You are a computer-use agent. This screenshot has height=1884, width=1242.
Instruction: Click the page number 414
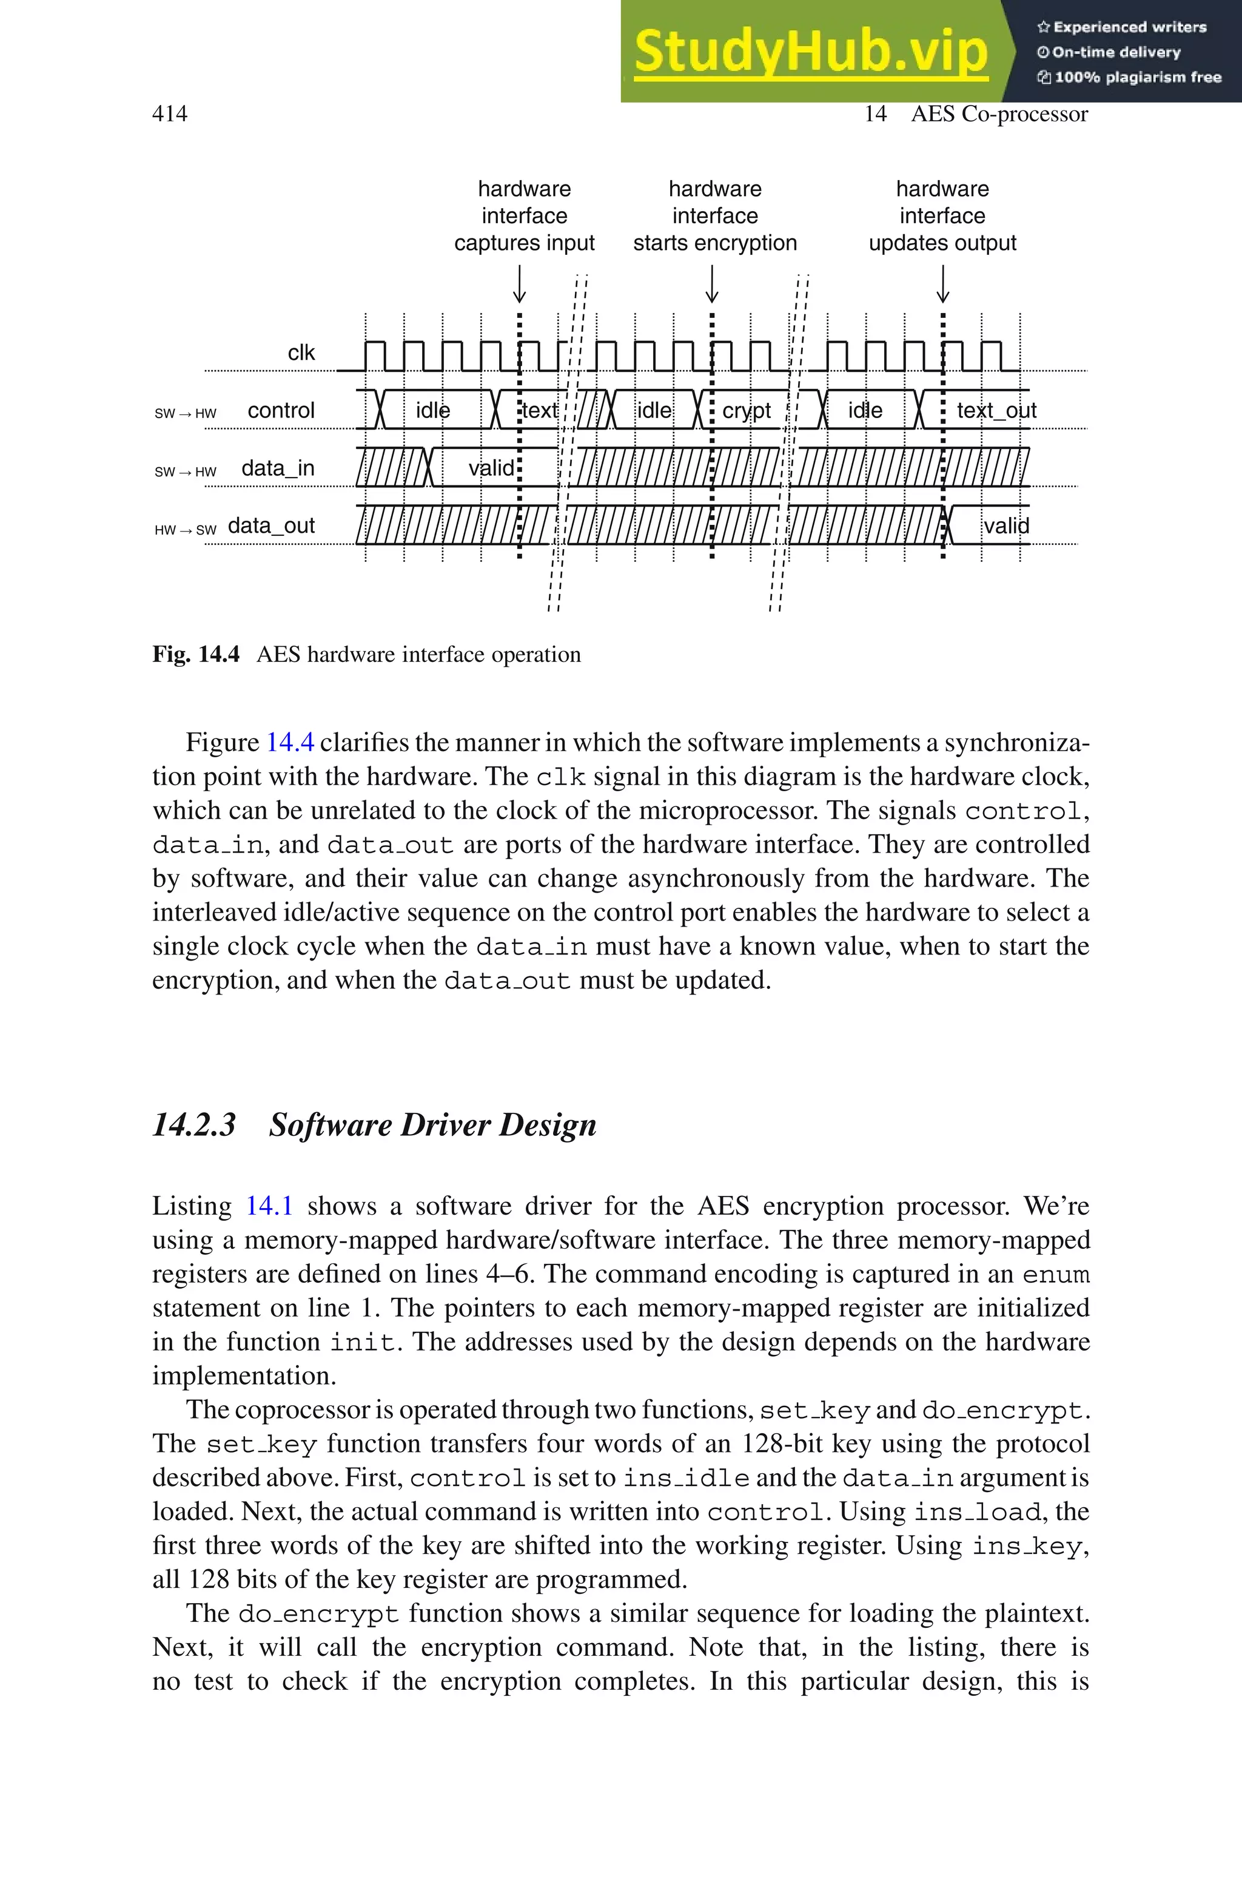tap(170, 114)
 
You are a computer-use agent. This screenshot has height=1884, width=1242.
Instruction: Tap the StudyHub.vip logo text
tap(810, 51)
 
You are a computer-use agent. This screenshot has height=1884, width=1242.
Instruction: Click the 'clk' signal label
tap(301, 353)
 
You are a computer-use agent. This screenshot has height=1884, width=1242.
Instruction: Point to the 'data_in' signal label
tap(277, 468)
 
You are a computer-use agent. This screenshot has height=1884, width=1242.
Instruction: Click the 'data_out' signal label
tap(271, 526)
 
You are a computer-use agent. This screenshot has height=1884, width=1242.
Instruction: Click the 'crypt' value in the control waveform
tap(746, 410)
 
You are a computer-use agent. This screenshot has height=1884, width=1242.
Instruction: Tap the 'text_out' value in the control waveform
tap(996, 410)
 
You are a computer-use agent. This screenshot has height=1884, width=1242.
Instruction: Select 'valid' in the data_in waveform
tap(491, 468)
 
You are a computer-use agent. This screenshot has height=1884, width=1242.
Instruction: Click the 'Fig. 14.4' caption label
tap(196, 655)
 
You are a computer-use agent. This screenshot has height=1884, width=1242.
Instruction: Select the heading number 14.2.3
tap(194, 1125)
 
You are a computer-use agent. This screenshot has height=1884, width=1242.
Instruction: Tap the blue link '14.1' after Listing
tap(269, 1206)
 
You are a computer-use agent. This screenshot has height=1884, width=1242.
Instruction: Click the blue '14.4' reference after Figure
tap(290, 742)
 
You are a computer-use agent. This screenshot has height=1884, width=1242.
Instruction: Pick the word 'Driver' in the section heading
tap(443, 1125)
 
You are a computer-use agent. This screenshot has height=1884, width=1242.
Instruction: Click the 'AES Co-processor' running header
tap(999, 114)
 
